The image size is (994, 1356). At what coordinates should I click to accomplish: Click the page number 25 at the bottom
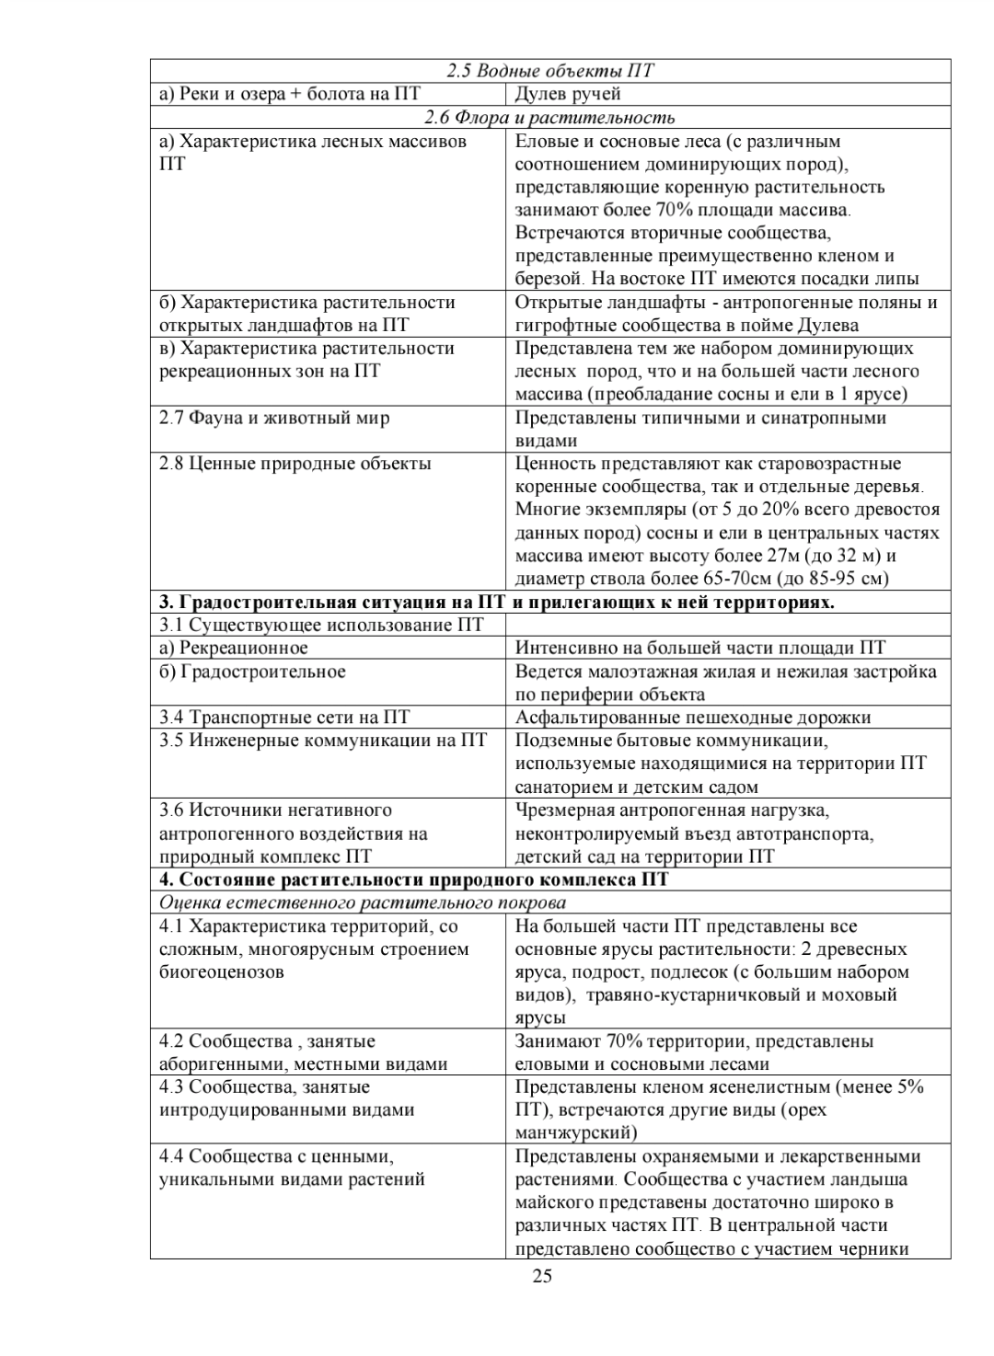(542, 1275)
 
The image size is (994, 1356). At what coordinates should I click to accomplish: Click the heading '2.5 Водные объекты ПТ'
(550, 71)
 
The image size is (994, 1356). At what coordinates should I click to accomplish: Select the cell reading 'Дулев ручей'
(568, 94)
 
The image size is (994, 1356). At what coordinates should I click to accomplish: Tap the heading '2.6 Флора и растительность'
(549, 117)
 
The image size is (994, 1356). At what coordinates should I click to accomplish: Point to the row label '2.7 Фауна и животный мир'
(274, 418)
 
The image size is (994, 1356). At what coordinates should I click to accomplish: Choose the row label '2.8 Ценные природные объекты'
(295, 464)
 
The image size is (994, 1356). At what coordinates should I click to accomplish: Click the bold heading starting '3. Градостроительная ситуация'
(497, 603)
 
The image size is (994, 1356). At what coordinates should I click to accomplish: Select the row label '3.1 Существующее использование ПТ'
(321, 626)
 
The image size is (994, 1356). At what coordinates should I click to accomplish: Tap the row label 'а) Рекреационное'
(234, 649)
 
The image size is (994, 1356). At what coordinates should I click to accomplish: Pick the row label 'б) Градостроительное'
(252, 672)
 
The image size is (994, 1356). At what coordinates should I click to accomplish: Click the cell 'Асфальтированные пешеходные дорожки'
(693, 718)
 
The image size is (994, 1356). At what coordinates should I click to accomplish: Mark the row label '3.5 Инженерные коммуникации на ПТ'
(323, 741)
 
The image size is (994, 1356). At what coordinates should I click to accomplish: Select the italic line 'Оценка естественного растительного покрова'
(363, 902)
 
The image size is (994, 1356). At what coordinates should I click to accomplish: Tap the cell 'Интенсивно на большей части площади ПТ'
(700, 649)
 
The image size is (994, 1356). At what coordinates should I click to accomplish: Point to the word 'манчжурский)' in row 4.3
(576, 1132)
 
